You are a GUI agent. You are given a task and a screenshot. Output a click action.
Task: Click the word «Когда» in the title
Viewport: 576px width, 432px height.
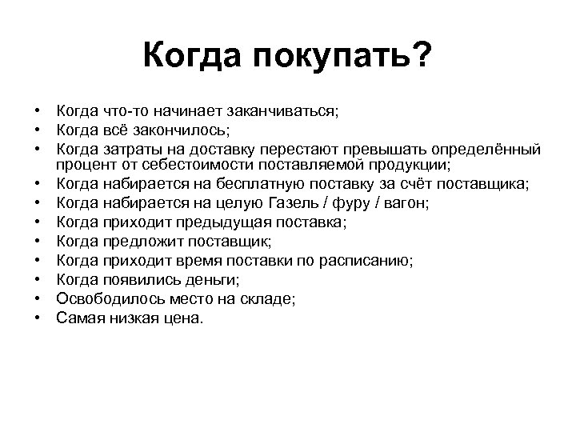click(193, 57)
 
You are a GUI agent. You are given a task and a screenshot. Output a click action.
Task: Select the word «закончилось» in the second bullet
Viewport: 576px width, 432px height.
click(182, 130)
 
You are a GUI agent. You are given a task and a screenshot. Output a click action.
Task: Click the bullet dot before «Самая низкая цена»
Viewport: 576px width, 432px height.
click(38, 318)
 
